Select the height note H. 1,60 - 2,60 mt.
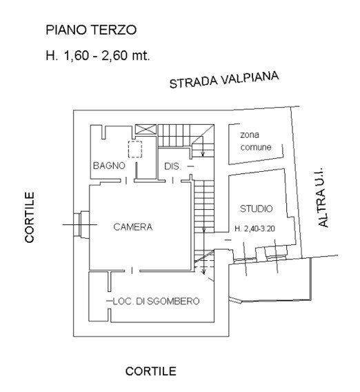pyautogui.click(x=97, y=54)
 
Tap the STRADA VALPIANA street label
pyautogui.click(x=225, y=80)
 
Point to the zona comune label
pyautogui.click(x=256, y=141)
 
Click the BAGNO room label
pyautogui.click(x=109, y=166)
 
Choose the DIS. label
pyautogui.click(x=172, y=166)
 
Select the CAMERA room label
pyautogui.click(x=133, y=226)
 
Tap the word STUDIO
pyautogui.click(x=256, y=208)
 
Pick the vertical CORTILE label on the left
pyautogui.click(x=30, y=221)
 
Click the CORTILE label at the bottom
pyautogui.click(x=150, y=371)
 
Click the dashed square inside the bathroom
pyautogui.click(x=135, y=150)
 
